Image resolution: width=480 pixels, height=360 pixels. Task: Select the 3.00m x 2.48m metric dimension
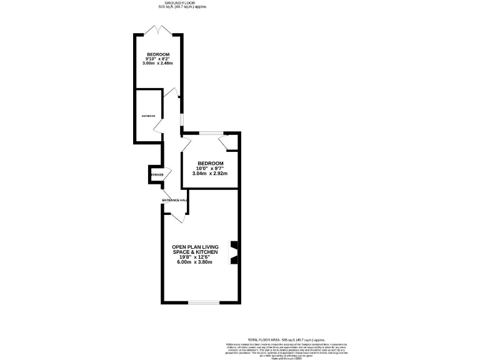tap(158, 64)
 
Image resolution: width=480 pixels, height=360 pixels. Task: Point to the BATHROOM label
tap(148, 116)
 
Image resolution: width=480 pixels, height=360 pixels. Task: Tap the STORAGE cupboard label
tap(156, 174)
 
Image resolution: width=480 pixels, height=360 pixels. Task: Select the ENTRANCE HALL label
tap(175, 200)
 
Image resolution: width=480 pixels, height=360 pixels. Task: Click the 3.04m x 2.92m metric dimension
tap(210, 173)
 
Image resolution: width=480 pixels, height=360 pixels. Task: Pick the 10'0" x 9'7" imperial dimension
tap(210, 168)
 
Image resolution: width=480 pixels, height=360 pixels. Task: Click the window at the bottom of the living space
tap(204, 303)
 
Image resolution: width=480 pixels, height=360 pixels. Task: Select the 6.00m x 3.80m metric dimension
tap(196, 262)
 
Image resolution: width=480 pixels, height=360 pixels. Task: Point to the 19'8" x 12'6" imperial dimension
tap(196, 257)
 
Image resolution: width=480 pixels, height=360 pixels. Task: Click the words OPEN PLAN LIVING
tap(196, 247)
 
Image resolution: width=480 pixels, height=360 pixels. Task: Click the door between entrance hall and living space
tap(178, 215)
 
